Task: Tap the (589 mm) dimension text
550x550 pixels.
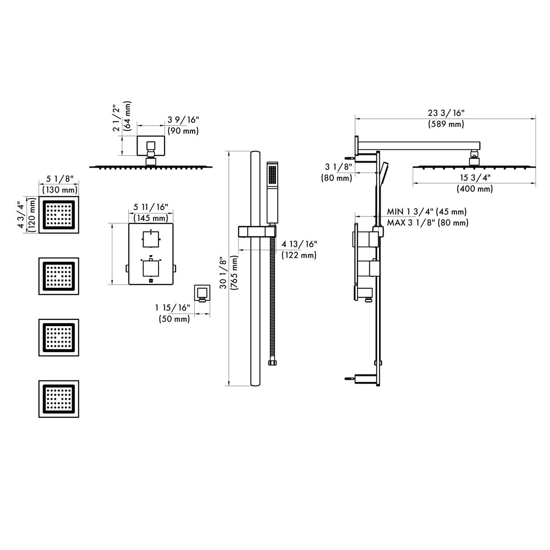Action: (446, 124)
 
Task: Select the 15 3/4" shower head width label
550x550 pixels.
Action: (474, 178)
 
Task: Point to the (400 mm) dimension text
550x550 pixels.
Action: (474, 189)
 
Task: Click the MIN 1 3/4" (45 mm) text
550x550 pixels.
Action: (426, 212)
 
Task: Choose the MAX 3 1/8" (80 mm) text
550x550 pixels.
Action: (427, 222)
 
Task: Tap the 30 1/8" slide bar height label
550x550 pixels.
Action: (222, 270)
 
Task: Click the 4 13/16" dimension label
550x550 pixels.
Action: (299, 244)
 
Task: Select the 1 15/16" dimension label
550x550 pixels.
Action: (172, 308)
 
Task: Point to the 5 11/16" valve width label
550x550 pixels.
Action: (150, 207)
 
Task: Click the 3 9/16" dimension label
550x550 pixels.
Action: (183, 120)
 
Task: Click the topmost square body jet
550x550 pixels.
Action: (58, 214)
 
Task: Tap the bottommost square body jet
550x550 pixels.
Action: (58, 399)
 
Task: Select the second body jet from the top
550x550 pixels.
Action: (58, 276)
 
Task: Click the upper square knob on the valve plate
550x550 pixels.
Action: (150, 239)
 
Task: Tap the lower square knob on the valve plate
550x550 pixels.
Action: (150, 268)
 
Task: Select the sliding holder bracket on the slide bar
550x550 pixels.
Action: (257, 232)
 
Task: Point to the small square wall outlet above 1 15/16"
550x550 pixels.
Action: (202, 293)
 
